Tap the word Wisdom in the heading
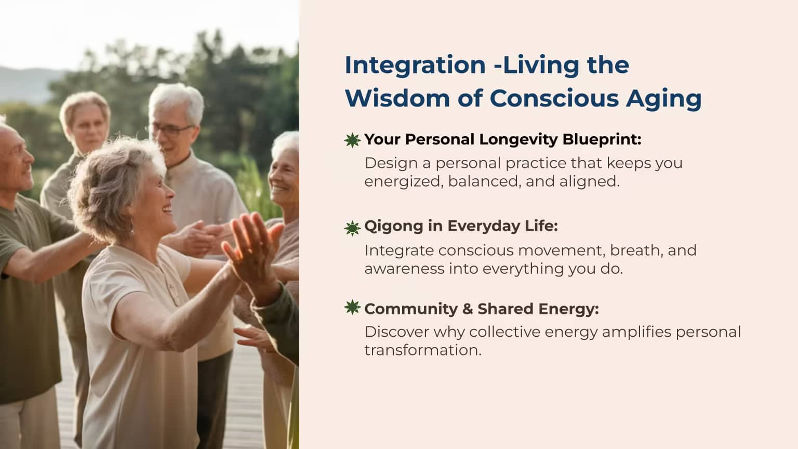pos(397,98)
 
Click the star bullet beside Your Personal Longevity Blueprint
pos(352,140)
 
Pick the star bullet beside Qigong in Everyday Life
pos(352,228)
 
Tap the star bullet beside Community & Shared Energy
pos(352,307)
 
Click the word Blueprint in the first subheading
pos(602,140)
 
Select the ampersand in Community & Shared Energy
pos(468,309)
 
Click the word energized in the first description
pos(404,182)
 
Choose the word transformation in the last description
pos(423,350)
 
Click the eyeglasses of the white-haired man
pos(172,130)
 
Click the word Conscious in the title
pos(554,98)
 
